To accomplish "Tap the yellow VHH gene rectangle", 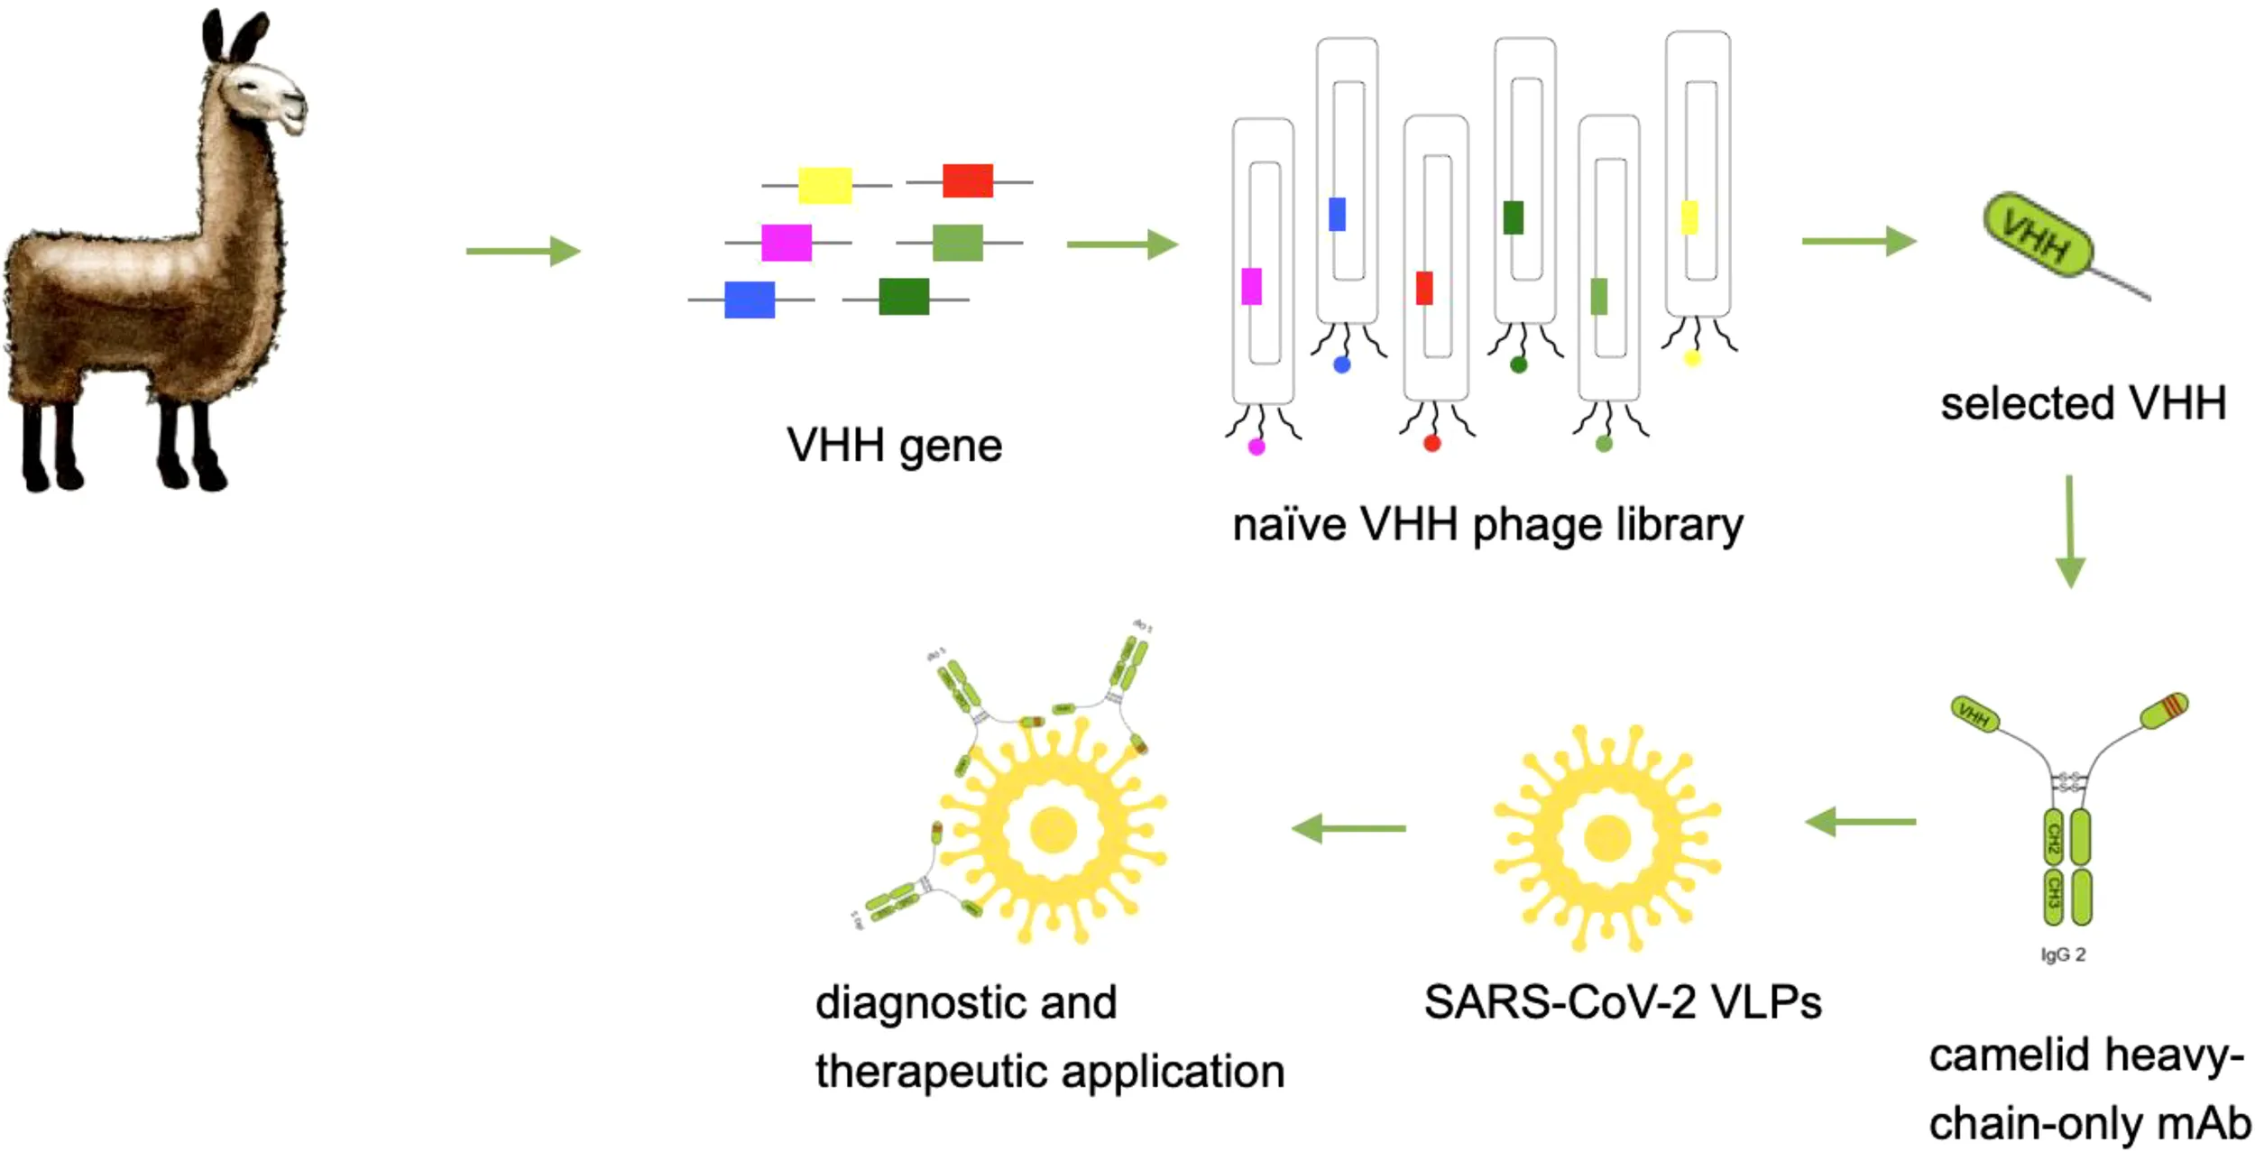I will [824, 185].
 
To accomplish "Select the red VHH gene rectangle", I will [968, 180].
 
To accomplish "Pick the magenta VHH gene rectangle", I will [787, 243].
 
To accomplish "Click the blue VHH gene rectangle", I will [750, 300].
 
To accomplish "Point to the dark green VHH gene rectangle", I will [904, 297].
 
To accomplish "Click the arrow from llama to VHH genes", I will [523, 251].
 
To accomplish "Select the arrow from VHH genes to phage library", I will [1122, 244].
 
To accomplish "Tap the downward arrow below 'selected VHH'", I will [2069, 531].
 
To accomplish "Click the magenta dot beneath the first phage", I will [1256, 447].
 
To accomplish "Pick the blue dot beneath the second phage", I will [1342, 364].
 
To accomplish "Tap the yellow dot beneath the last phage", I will [1692, 359].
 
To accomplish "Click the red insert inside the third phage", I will [1424, 288].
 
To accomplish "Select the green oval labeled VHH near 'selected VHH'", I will [2037, 235].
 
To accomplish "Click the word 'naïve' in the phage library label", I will [1289, 524].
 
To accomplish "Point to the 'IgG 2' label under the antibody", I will [2063, 954].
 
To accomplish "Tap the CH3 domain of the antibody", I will [2054, 895].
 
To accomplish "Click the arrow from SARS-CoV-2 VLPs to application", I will [1348, 827].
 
